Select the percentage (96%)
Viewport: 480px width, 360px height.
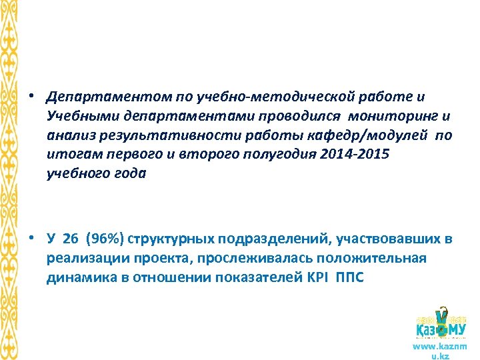[x=106, y=239]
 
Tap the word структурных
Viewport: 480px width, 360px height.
[x=171, y=239]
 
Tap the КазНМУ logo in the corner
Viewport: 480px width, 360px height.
[x=440, y=325]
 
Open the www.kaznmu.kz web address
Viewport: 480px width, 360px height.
[x=440, y=351]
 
